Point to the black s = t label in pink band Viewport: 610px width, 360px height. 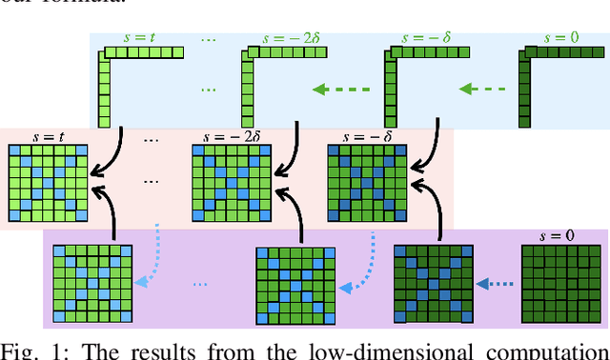pyautogui.click(x=48, y=136)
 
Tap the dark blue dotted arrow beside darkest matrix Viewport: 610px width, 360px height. pyautogui.click(x=497, y=282)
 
